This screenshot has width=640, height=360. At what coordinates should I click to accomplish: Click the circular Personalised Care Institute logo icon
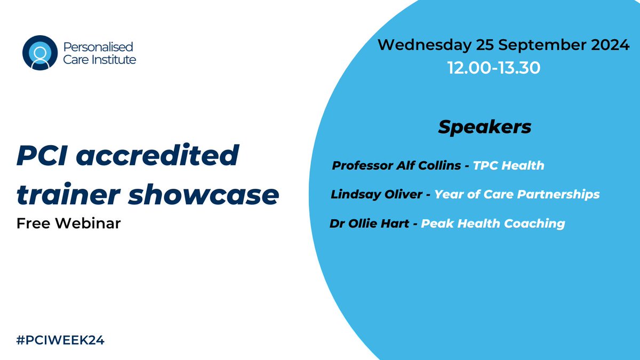pyautogui.click(x=39, y=53)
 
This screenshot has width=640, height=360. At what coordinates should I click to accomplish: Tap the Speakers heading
pyautogui.click(x=484, y=127)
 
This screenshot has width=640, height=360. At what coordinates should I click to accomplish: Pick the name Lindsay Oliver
pyautogui.click(x=377, y=194)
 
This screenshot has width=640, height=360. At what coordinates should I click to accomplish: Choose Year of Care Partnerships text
pyautogui.click(x=516, y=194)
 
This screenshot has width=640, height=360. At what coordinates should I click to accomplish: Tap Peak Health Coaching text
pyautogui.click(x=493, y=223)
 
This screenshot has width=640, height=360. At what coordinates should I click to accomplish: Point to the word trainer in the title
pyautogui.click(x=67, y=195)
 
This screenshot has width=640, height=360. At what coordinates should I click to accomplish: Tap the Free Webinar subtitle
pyautogui.click(x=69, y=222)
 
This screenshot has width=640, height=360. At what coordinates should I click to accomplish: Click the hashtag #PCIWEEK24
pyautogui.click(x=60, y=340)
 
